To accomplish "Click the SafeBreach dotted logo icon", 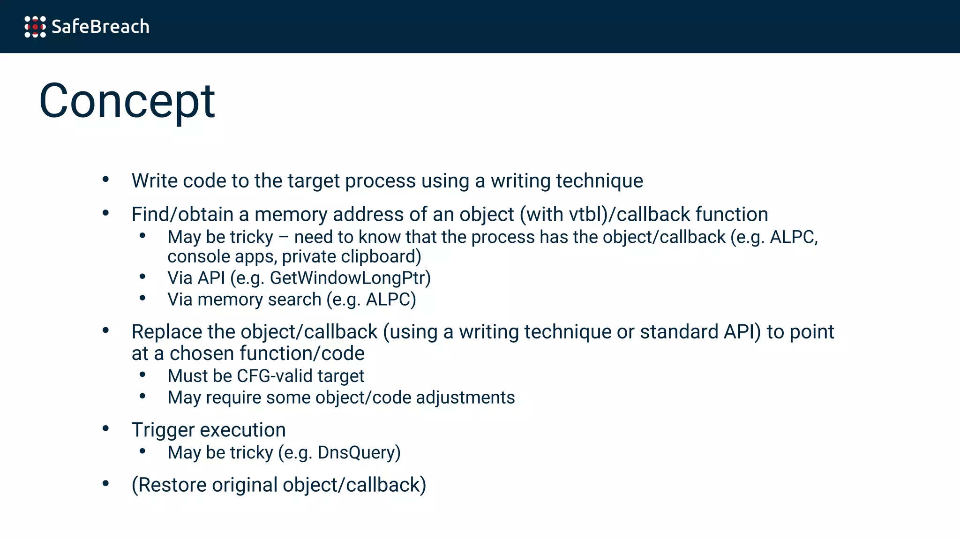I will pyautogui.click(x=35, y=27).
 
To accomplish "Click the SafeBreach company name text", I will pyautogui.click(x=100, y=27).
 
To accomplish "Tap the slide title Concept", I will pyautogui.click(x=127, y=101).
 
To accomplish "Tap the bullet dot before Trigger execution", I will pyautogui.click(x=106, y=428).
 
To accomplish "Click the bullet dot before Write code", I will pyautogui.click(x=106, y=179).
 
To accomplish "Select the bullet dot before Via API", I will pyautogui.click(x=142, y=277).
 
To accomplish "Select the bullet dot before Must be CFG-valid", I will pyautogui.click(x=142, y=375).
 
